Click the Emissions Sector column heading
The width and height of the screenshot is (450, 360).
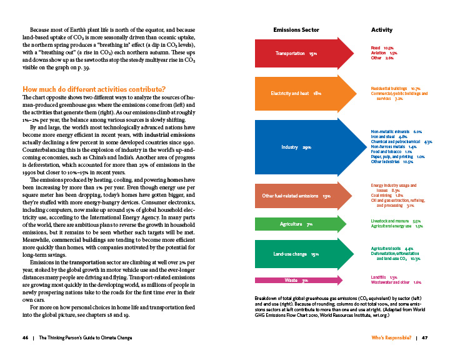(x=296, y=30)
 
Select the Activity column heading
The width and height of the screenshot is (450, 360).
(x=381, y=30)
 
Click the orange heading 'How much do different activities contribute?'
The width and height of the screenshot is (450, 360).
(x=94, y=89)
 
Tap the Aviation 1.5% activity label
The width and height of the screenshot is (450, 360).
(x=384, y=53)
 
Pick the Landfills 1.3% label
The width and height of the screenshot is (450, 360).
(x=384, y=277)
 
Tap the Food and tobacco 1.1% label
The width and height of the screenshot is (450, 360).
(x=391, y=152)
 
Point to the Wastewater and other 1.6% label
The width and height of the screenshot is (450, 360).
(x=396, y=282)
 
